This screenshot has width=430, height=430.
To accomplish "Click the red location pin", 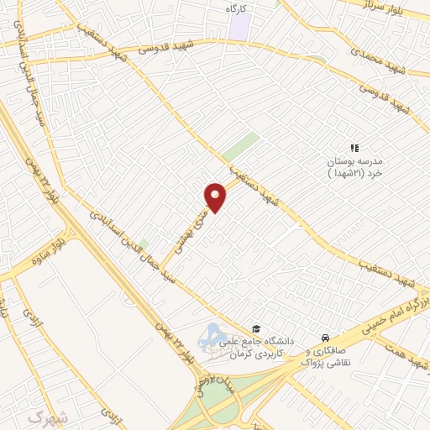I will [x=216, y=197].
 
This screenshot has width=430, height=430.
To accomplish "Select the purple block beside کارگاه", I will [x=240, y=27].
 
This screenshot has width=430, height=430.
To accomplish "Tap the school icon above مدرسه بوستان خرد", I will [x=354, y=149].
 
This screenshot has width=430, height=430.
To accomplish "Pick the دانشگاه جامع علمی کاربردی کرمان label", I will [x=253, y=347].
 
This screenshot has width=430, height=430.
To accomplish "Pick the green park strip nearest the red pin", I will [x=241, y=146].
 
